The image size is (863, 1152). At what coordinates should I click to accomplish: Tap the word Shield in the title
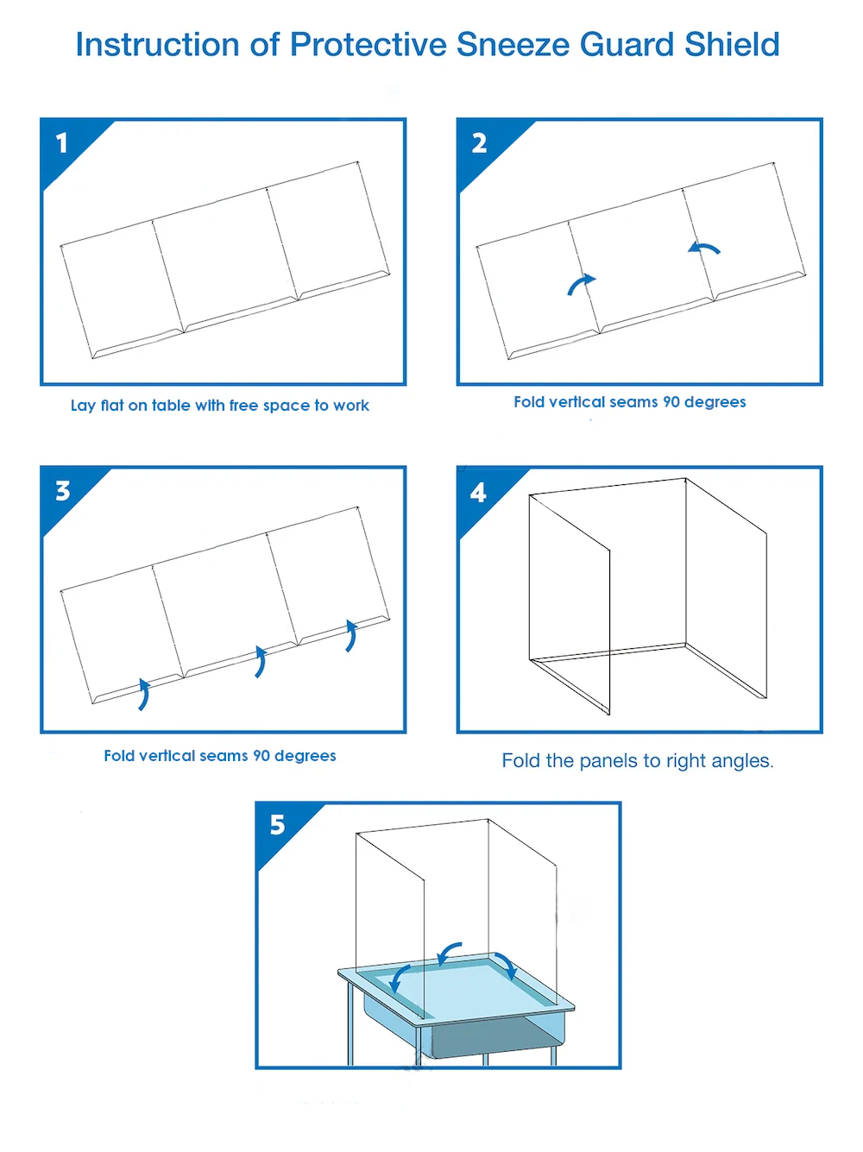click(x=732, y=45)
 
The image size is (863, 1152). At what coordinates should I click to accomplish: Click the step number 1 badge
click(x=62, y=143)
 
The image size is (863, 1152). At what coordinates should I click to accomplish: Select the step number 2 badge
click(x=479, y=143)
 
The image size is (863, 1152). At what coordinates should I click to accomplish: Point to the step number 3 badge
click(x=62, y=491)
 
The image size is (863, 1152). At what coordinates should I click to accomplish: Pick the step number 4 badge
click(x=478, y=493)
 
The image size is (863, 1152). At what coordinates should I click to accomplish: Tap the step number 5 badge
click(x=277, y=826)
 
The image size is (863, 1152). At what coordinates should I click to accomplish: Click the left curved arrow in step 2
click(x=581, y=285)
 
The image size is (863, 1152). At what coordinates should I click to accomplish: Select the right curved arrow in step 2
click(x=704, y=249)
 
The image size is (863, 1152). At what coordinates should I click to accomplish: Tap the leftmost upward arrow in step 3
click(x=143, y=694)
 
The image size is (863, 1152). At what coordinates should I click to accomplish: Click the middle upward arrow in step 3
click(x=260, y=661)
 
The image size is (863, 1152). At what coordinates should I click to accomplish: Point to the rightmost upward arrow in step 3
click(x=350, y=635)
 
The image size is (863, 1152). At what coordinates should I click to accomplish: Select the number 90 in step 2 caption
click(x=671, y=402)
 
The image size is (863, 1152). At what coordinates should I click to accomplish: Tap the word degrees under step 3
click(x=305, y=756)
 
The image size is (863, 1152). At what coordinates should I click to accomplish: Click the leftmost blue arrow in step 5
click(x=399, y=979)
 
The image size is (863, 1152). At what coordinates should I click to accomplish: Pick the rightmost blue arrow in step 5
click(x=506, y=966)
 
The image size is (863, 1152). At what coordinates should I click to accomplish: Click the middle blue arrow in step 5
click(x=449, y=953)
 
